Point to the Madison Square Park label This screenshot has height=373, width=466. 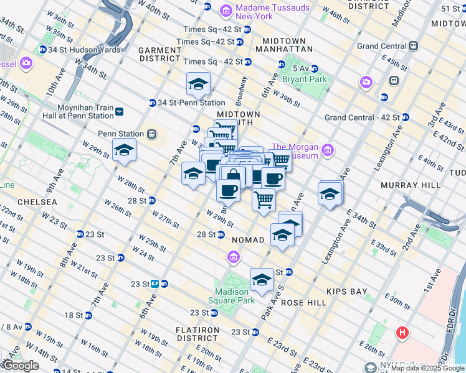click(x=235, y=296)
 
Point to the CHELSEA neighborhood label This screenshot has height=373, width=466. click(x=37, y=202)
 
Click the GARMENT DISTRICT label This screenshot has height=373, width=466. click(x=159, y=54)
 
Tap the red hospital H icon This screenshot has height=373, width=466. click(x=402, y=333)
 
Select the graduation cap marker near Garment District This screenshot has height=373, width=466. click(x=198, y=84)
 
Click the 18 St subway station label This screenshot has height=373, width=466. click(x=75, y=315)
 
